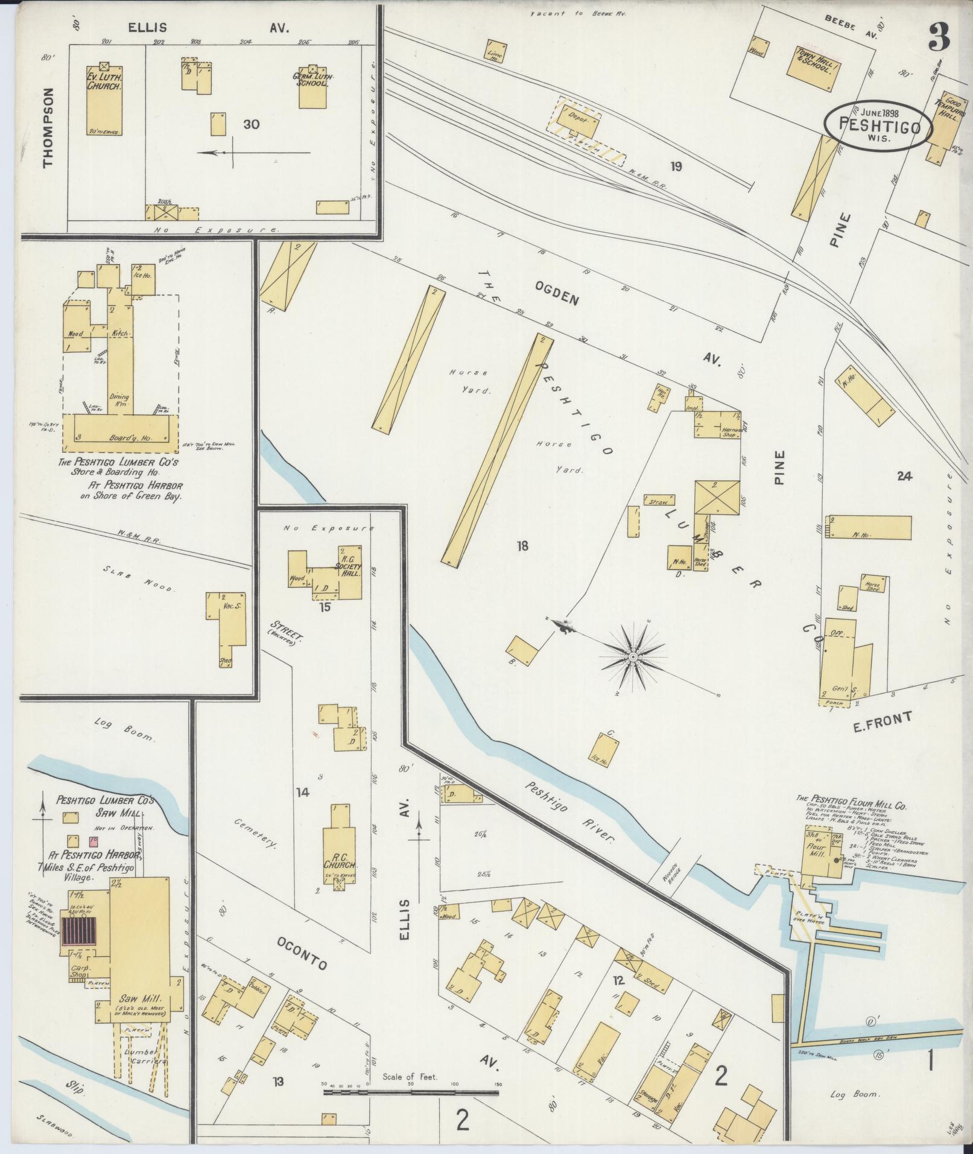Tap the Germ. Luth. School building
click(x=312, y=87)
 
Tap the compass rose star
click(x=633, y=656)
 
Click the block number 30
click(x=252, y=124)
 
